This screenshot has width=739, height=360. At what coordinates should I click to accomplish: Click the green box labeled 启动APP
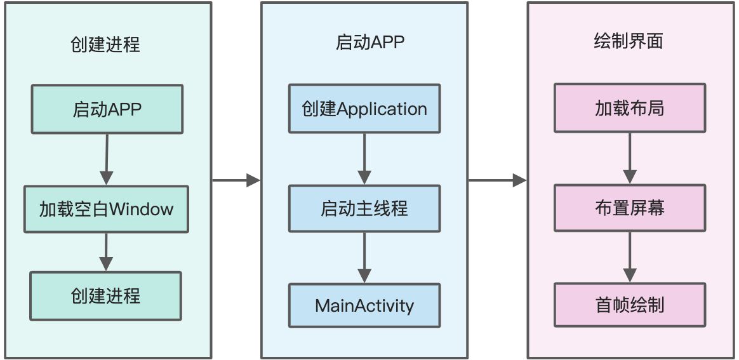pyautogui.click(x=107, y=109)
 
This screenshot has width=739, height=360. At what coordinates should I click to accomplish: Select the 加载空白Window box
pyautogui.click(x=107, y=209)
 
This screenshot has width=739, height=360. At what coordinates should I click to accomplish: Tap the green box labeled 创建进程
pyautogui.click(x=106, y=295)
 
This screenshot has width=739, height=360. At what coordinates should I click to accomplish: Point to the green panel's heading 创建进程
pyautogui.click(x=105, y=44)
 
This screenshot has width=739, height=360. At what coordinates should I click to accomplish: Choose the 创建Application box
pyautogui.click(x=364, y=109)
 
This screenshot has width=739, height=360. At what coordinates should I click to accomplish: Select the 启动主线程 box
pyautogui.click(x=364, y=208)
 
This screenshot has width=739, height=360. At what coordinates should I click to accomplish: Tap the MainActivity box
pyautogui.click(x=364, y=305)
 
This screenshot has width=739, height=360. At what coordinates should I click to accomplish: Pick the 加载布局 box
pyautogui.click(x=630, y=109)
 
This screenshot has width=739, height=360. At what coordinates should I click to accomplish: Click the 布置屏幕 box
pyautogui.click(x=630, y=208)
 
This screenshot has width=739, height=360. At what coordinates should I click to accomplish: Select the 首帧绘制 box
pyautogui.click(x=630, y=305)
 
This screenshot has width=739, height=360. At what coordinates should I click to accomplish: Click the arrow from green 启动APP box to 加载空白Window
pyautogui.click(x=107, y=159)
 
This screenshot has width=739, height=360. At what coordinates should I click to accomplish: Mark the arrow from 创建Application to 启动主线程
pyautogui.click(x=364, y=159)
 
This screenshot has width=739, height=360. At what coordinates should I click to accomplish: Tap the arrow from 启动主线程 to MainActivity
pyautogui.click(x=364, y=257)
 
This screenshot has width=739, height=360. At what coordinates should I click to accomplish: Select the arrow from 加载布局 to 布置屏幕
pyautogui.click(x=630, y=159)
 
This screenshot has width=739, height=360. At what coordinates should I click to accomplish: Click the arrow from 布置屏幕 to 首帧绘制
pyautogui.click(x=630, y=257)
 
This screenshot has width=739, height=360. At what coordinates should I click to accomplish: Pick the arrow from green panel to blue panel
pyautogui.click(x=236, y=181)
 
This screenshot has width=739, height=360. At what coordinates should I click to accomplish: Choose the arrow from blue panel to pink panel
pyautogui.click(x=497, y=181)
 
